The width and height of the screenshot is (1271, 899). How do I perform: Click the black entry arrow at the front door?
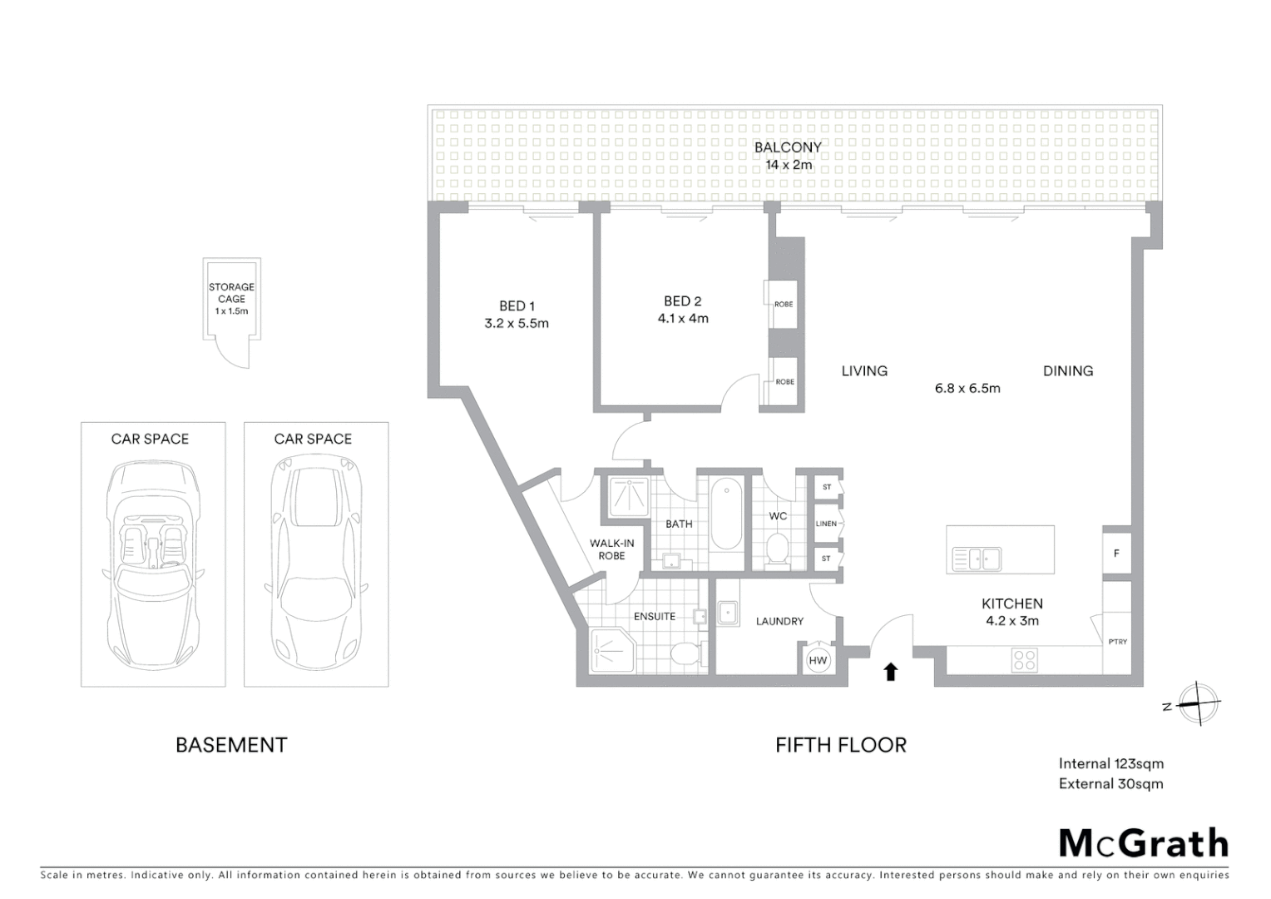(x=891, y=671)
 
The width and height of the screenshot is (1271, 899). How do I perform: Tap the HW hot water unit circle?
(x=818, y=660)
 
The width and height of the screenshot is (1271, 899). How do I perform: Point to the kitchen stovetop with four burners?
(x=1025, y=660)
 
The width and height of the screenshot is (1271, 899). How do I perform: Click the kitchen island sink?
(x=977, y=559)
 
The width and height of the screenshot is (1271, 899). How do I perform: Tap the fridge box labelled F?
(x=1116, y=553)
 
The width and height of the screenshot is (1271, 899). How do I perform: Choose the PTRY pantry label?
(x=1117, y=642)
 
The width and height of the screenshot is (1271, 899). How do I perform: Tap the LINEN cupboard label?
(x=826, y=524)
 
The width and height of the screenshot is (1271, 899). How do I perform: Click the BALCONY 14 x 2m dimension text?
(x=789, y=165)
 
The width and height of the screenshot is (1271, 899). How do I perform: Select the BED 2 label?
(x=683, y=301)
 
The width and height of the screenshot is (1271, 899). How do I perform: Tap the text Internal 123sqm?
(x=1110, y=763)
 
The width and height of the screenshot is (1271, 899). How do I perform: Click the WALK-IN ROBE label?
(x=611, y=549)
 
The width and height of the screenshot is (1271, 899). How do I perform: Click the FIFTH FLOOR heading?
(x=841, y=745)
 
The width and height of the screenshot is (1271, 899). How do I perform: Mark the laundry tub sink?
(x=728, y=613)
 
